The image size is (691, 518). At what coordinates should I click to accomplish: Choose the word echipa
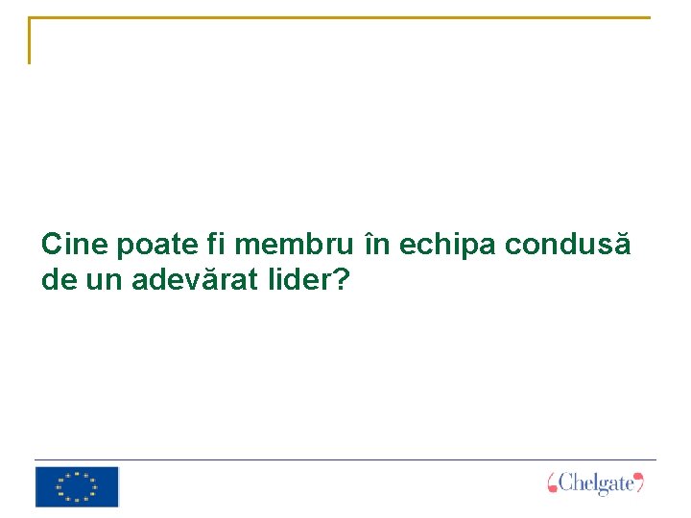(x=446, y=246)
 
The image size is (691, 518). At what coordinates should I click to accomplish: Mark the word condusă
(x=568, y=245)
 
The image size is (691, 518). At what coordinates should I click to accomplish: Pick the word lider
(x=297, y=280)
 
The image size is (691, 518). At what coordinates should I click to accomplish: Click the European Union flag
(x=77, y=486)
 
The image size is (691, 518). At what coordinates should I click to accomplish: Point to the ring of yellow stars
(x=76, y=486)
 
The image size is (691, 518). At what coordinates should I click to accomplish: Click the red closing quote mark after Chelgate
(x=639, y=482)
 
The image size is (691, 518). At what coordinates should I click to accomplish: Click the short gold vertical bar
(x=30, y=40)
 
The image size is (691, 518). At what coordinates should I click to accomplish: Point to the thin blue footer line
(x=345, y=459)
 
